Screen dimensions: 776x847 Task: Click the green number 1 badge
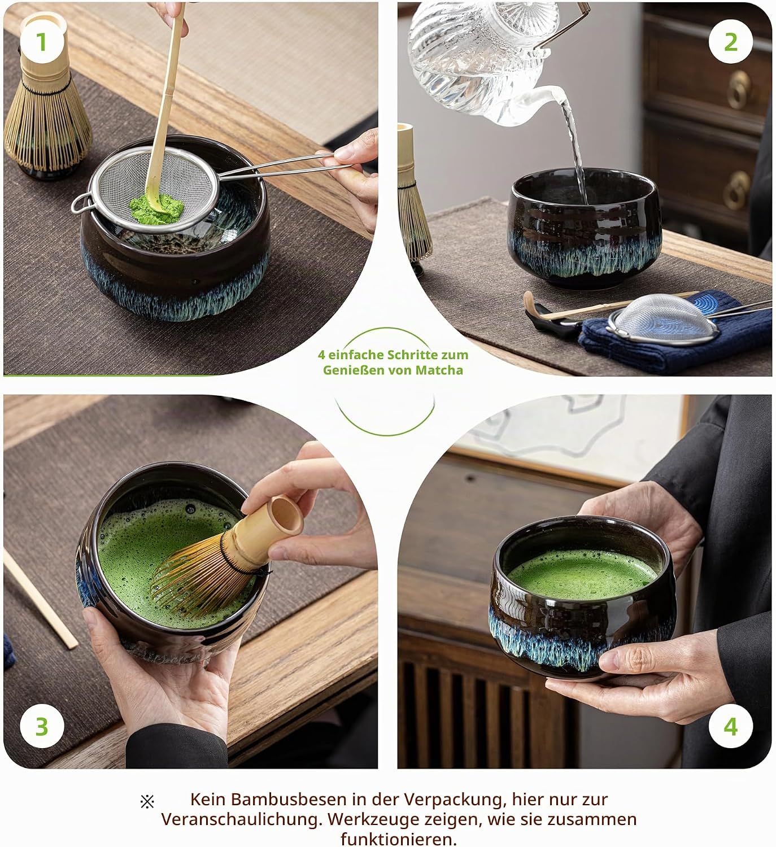[x=42, y=42]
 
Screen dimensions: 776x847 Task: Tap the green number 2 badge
[x=731, y=42]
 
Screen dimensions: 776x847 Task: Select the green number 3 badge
[x=42, y=727]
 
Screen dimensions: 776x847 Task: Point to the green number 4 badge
[x=731, y=727]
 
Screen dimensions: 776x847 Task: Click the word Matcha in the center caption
[x=439, y=370]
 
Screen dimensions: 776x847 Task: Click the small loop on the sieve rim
[x=80, y=203]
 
